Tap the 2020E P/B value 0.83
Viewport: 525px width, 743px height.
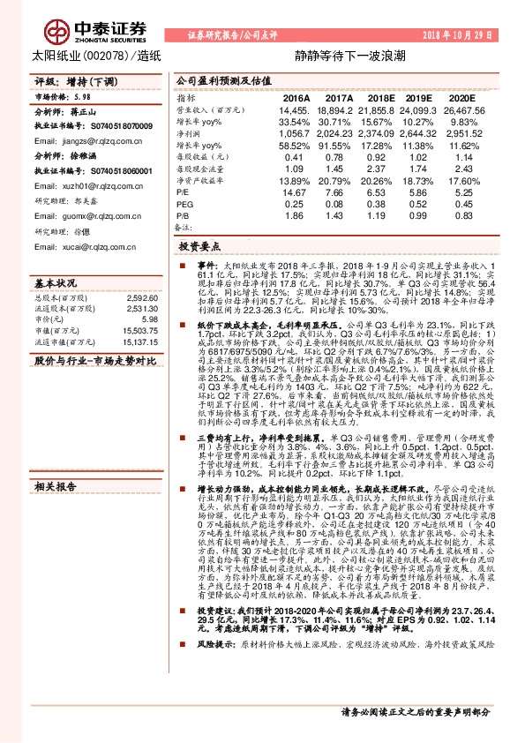[x=463, y=214]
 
